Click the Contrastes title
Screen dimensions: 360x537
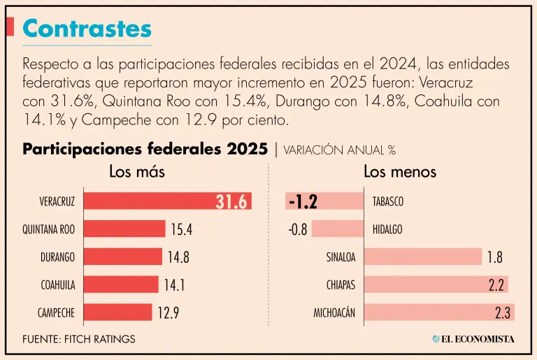[87, 28]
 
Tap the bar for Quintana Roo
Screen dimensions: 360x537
[124, 229]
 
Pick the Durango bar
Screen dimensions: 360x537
[123, 257]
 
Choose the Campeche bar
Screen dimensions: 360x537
[118, 312]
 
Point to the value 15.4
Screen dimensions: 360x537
[180, 229]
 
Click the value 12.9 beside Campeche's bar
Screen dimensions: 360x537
[168, 312]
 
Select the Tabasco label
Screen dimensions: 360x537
[388, 201]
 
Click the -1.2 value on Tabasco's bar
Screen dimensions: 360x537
[303, 201]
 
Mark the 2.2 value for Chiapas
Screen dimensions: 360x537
[497, 285]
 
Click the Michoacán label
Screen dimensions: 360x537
[334, 312]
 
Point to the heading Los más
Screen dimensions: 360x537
[136, 172]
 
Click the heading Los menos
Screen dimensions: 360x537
[399, 172]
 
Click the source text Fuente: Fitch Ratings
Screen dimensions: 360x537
[79, 339]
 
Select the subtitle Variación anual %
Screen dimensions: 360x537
[340, 150]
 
